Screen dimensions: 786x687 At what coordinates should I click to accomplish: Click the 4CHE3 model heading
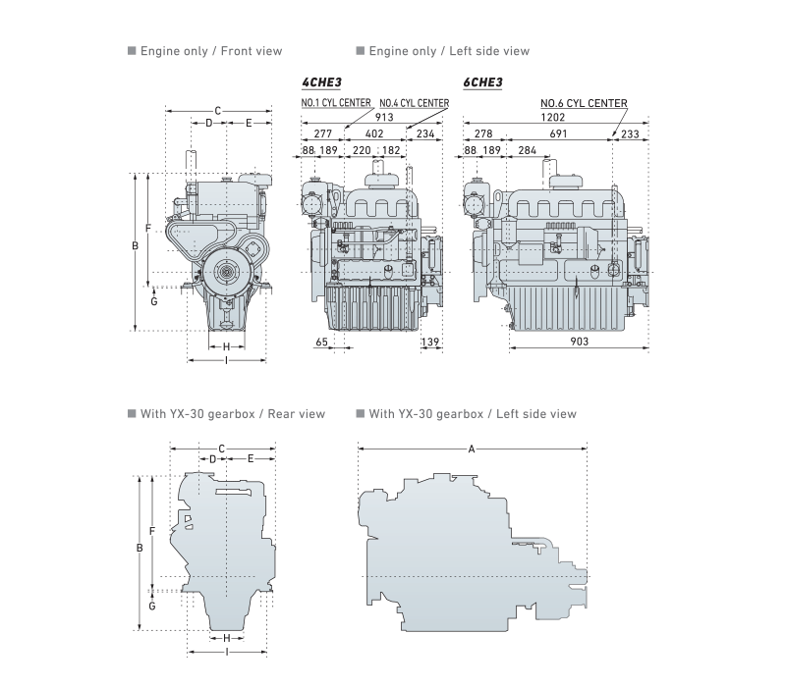tap(321, 82)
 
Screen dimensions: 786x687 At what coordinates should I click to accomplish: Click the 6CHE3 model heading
tap(482, 82)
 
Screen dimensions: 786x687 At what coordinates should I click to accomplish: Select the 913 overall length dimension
tap(384, 117)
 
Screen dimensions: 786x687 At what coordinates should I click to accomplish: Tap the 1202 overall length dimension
tap(553, 117)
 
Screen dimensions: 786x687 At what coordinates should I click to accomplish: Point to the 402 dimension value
tap(374, 133)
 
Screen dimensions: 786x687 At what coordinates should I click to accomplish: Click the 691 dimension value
tap(558, 133)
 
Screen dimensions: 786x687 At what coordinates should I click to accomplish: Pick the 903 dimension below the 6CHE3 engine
tap(579, 342)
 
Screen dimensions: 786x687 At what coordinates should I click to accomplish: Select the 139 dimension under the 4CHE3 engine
tap(430, 342)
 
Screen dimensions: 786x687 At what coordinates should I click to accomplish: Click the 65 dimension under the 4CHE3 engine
tap(322, 342)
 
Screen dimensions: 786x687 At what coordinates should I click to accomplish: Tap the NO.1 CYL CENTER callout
tap(336, 103)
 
